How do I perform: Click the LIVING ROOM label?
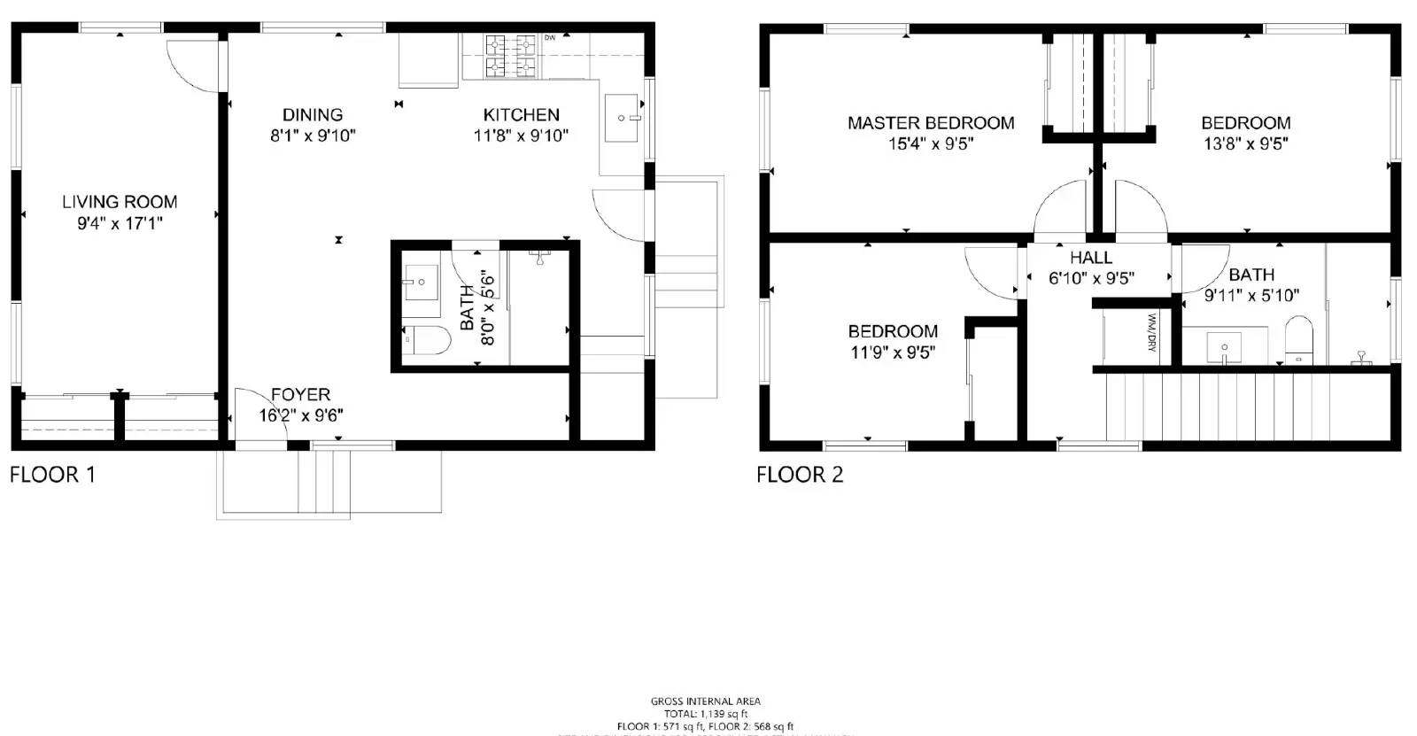click(120, 202)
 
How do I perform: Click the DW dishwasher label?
click(550, 38)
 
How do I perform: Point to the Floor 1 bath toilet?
click(425, 340)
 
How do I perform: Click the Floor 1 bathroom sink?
click(421, 283)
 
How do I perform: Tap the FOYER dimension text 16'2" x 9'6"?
click(301, 415)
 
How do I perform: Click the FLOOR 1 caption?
click(52, 475)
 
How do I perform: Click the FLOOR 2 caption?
click(800, 475)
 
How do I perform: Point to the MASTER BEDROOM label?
click(931, 123)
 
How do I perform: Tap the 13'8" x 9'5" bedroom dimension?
click(1245, 143)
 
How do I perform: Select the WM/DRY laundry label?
click(1152, 332)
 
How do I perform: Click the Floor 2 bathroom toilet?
click(1298, 340)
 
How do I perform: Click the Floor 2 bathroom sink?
click(1226, 345)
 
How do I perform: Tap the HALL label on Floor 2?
click(1090, 258)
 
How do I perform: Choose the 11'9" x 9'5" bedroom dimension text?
click(893, 352)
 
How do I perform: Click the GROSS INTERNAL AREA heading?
click(705, 701)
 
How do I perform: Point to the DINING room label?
click(313, 115)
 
